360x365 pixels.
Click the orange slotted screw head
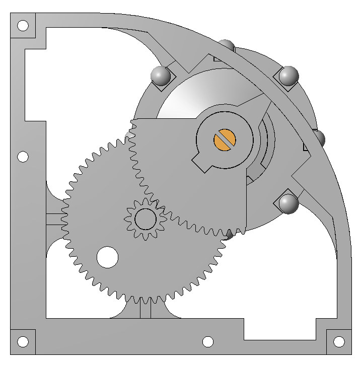coord(225,139)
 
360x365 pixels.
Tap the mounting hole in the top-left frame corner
coord(23,26)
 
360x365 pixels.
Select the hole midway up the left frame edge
coord(23,157)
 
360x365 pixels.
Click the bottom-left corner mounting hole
coord(23,342)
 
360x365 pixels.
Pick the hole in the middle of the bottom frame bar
coord(208,342)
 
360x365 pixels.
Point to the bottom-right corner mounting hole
coord(339,342)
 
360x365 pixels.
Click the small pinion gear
coord(146,218)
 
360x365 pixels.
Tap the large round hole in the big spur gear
coord(107,257)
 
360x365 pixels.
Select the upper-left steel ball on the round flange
coord(161,76)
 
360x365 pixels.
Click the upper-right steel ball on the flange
coord(289,76)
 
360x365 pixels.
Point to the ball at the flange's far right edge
coord(319,138)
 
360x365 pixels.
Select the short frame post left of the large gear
coord(54,218)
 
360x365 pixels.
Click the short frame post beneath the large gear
coord(145,309)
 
